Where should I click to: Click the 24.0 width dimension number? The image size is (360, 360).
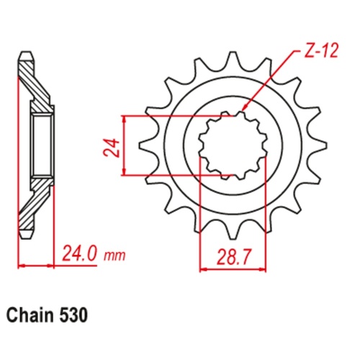[80, 255]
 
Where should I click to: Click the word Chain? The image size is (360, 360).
[31, 315]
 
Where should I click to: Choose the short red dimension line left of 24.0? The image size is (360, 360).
[36, 266]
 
